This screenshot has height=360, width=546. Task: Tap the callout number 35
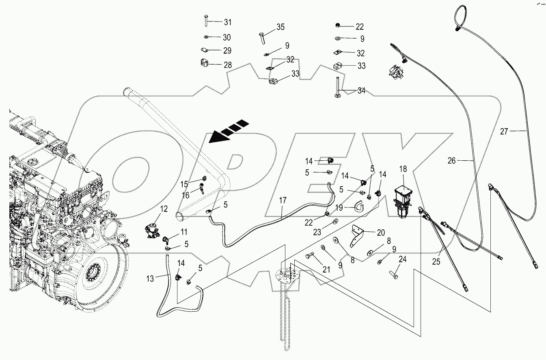(x=281, y=27)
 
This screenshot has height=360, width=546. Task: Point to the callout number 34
(x=361, y=91)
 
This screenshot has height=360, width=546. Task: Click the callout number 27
(x=504, y=131)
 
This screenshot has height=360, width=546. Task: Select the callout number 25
(x=436, y=262)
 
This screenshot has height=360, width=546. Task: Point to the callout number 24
(x=403, y=259)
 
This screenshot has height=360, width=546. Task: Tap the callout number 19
(x=339, y=207)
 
